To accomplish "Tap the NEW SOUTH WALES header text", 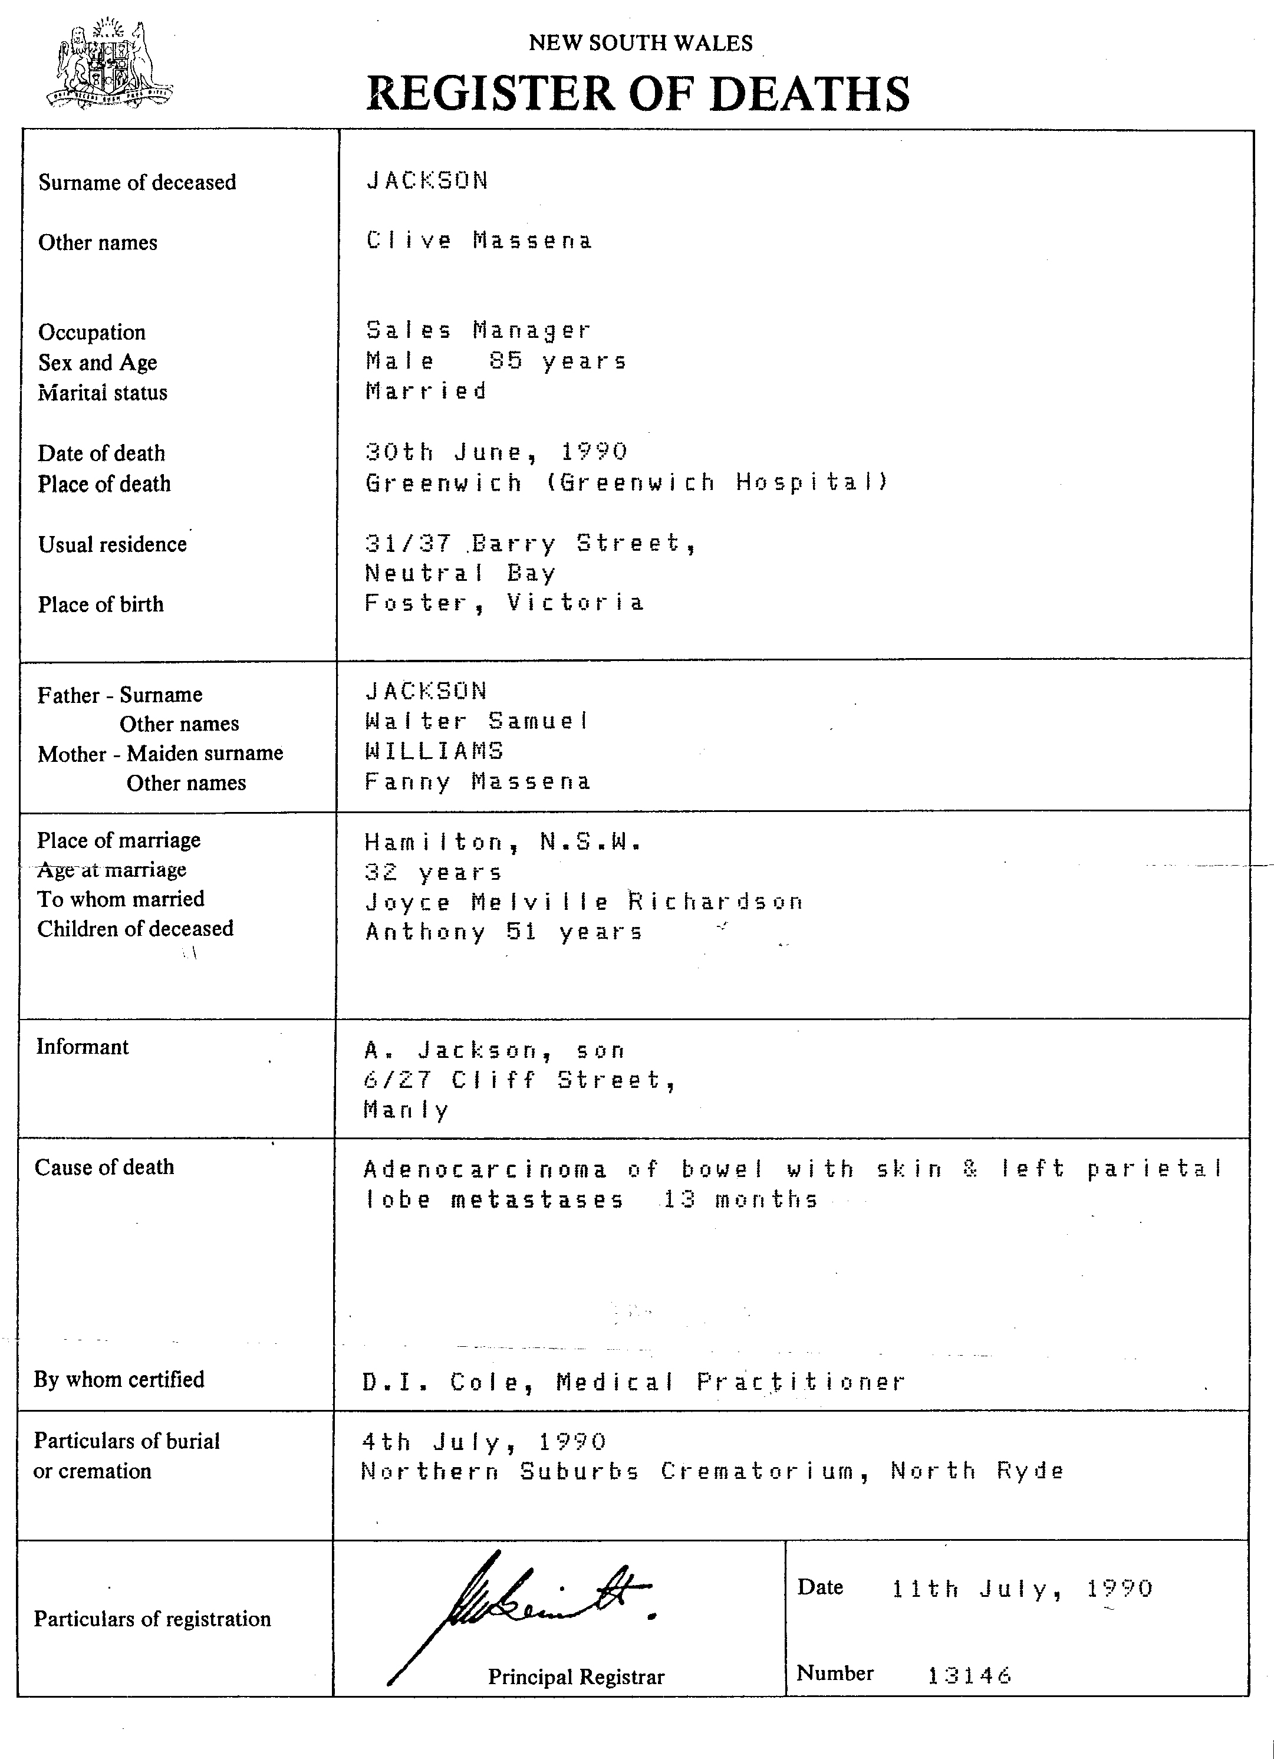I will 640,42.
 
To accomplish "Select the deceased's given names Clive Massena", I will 479,241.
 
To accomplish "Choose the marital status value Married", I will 426,391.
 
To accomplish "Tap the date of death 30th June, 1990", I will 496,451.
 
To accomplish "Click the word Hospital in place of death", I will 812,482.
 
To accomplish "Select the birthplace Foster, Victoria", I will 504,603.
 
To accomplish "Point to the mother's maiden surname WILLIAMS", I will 434,751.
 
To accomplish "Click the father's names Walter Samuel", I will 477,721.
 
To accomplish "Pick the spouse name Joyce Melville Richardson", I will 584,902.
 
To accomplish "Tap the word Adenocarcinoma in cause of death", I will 485,1169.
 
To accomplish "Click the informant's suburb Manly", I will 406,1110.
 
